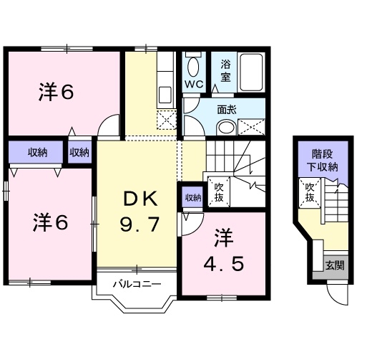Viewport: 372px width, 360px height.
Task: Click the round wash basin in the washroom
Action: coord(225,128)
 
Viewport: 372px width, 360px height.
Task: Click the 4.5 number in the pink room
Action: coord(227,263)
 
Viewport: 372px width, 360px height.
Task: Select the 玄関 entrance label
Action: coord(334,265)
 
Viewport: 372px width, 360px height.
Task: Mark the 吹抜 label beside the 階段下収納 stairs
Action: coord(310,193)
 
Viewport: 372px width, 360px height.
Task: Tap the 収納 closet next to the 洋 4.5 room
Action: coord(192,198)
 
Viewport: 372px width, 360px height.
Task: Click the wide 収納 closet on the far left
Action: coord(37,152)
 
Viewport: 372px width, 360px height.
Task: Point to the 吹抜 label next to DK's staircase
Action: coord(220,191)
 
